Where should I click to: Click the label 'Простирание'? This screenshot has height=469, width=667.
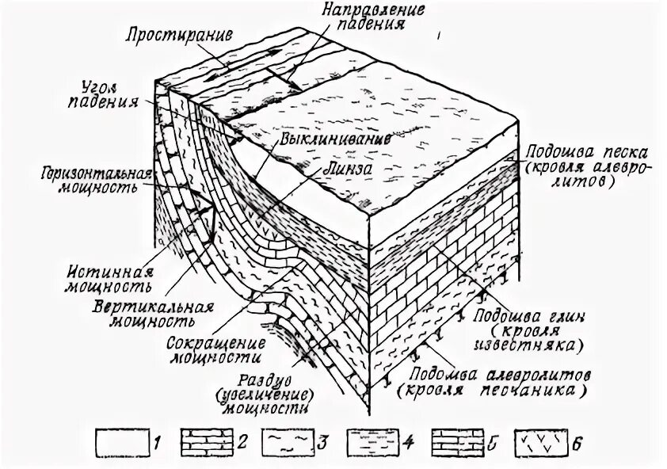tap(175, 36)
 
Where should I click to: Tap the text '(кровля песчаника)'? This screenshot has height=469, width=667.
tap(494, 391)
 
